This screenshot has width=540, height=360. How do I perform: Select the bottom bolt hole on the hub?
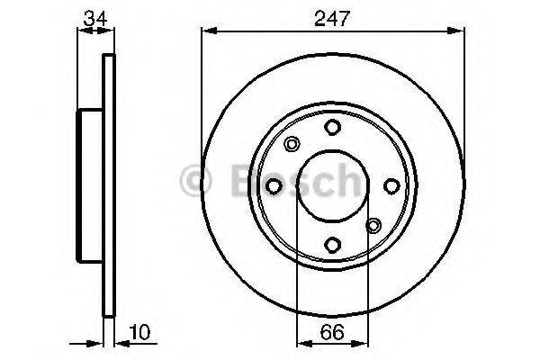[x=332, y=243]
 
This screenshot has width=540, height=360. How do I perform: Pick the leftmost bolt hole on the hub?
[x=274, y=184]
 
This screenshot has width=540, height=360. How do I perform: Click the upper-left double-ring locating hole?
[x=291, y=144]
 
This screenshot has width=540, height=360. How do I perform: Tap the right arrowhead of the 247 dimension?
[x=457, y=32]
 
